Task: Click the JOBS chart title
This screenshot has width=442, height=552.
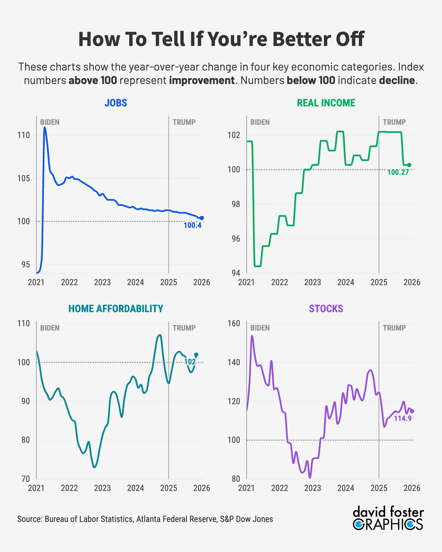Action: pyautogui.click(x=116, y=103)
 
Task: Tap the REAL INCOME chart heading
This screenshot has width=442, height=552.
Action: pyautogui.click(x=326, y=103)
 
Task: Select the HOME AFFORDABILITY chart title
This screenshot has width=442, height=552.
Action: pyautogui.click(x=116, y=309)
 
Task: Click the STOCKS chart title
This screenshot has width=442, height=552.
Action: pyautogui.click(x=326, y=309)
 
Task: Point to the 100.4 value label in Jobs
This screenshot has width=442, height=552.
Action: pyautogui.click(x=192, y=225)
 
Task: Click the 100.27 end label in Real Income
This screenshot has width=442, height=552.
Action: pyautogui.click(x=398, y=172)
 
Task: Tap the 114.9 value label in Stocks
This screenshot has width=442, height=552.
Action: pyautogui.click(x=402, y=418)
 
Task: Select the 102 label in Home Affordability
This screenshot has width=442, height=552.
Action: pyautogui.click(x=190, y=362)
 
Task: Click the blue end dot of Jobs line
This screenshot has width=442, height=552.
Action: pyautogui.click(x=202, y=218)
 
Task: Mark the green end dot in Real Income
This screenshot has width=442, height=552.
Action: pyautogui.click(x=409, y=165)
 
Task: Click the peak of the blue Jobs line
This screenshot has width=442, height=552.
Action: pyautogui.click(x=45, y=128)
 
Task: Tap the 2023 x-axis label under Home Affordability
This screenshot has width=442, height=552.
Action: pyautogui.click(x=103, y=488)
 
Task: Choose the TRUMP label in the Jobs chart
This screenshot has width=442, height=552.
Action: pyautogui.click(x=184, y=122)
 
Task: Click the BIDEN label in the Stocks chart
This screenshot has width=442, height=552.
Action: pyautogui.click(x=260, y=328)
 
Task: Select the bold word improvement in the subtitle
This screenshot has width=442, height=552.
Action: pyautogui.click(x=202, y=80)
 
